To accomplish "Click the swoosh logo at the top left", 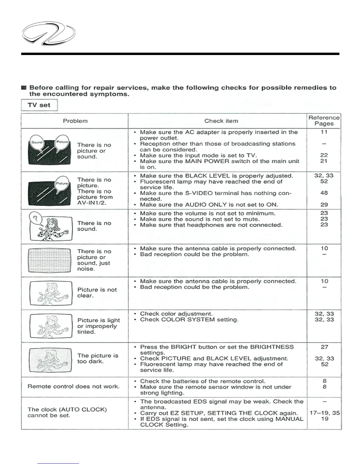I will click(x=49, y=35).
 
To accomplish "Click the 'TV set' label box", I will click(x=39, y=105).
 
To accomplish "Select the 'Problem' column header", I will click(x=75, y=121).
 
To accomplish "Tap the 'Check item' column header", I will click(x=221, y=121).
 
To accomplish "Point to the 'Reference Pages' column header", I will click(x=324, y=121).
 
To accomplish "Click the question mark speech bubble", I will click(x=36, y=219).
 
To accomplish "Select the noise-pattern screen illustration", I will click(x=50, y=260).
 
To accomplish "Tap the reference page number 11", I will click(x=324, y=132).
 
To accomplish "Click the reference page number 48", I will click(x=324, y=193).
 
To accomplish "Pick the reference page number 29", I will click(x=324, y=204).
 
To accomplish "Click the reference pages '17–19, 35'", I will click(x=324, y=413).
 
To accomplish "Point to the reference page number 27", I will click(x=324, y=347).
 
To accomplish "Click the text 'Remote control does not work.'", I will click(x=74, y=387).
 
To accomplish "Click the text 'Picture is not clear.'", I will click(x=97, y=293).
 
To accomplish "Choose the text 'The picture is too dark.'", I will click(x=97, y=358).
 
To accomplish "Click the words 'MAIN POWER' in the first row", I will click(x=204, y=161).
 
